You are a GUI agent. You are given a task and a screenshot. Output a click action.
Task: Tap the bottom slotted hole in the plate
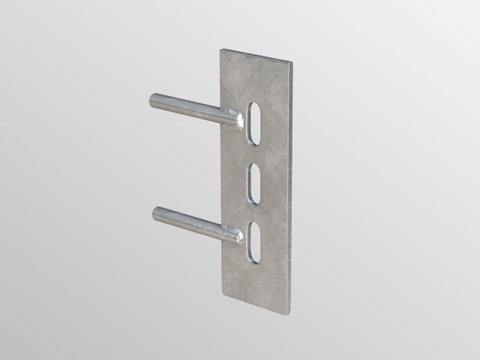(254, 244)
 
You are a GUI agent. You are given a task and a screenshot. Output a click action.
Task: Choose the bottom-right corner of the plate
(293, 312)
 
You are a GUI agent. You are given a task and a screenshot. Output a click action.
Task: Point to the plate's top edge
(257, 56)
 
